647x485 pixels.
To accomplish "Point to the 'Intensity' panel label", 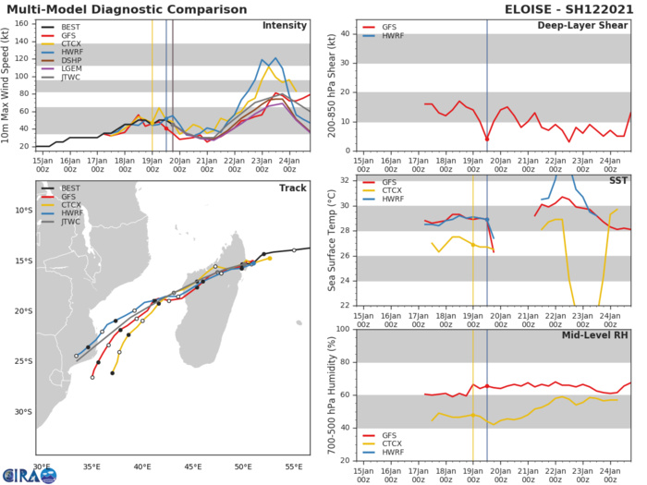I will (x=285, y=25).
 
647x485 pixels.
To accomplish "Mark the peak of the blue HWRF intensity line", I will (x=275, y=58).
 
